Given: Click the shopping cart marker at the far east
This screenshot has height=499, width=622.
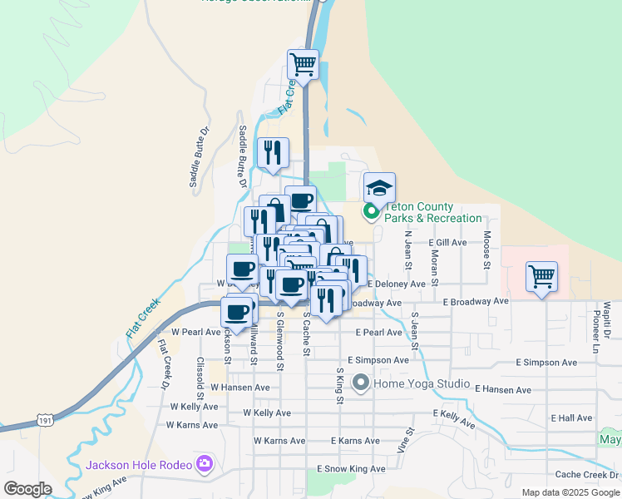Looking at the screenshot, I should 542,276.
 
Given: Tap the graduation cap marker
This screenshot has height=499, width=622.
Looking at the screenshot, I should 379,187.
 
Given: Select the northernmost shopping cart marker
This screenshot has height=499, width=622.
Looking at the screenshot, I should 303,63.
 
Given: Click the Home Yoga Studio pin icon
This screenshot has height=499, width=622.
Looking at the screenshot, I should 361,383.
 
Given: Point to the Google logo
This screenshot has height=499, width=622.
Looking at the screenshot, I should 27,489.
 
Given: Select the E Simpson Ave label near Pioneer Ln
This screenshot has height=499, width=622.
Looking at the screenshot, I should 545,363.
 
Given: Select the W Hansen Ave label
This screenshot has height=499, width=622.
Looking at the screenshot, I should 240,388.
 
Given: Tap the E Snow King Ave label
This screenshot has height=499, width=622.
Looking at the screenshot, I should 352,469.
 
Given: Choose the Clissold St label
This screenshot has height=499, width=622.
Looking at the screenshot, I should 200,376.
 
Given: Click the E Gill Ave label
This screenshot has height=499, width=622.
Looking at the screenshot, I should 447,242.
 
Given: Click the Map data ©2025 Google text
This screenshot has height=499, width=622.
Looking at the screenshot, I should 570,492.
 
